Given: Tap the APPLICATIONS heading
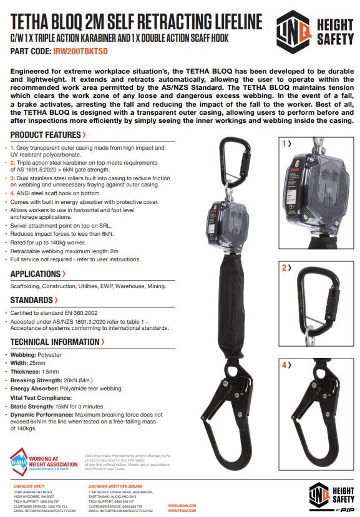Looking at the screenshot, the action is point(36,274).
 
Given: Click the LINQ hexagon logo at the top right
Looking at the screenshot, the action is point(295,31).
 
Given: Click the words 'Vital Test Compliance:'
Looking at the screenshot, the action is point(39,397).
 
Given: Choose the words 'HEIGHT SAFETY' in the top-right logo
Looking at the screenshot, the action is point(334,31).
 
